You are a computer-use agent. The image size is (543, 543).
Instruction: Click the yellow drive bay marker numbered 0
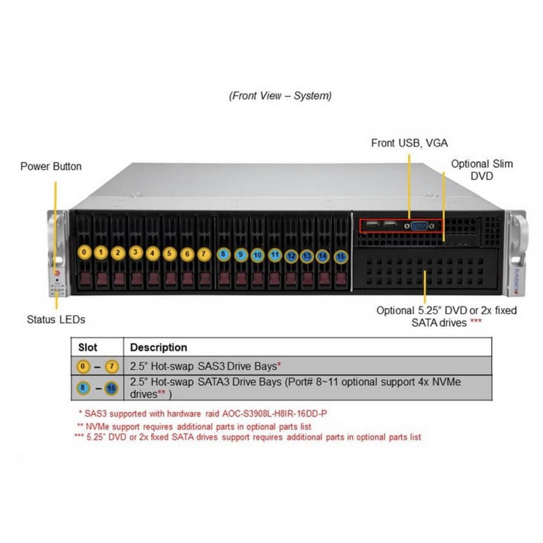click(83, 252)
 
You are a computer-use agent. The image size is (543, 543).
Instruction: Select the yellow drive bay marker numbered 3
click(135, 252)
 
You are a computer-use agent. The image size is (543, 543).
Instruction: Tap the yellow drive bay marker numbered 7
click(203, 252)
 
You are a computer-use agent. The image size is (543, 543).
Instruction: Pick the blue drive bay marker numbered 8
click(223, 253)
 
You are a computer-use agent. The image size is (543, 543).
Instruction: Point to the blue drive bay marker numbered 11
click(275, 253)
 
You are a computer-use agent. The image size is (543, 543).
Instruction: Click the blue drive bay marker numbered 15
click(341, 255)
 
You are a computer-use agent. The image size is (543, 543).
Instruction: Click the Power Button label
click(50, 166)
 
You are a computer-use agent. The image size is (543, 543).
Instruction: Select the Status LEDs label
click(55, 319)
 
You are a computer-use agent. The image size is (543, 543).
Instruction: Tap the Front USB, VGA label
click(410, 143)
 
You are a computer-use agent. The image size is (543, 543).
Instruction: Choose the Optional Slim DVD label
click(481, 170)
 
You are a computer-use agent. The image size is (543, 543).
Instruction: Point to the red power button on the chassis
click(56, 273)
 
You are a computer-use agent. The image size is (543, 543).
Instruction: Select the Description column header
click(158, 348)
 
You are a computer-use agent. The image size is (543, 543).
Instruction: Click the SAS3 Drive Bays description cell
click(205, 365)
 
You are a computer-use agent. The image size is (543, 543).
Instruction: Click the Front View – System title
click(280, 95)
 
